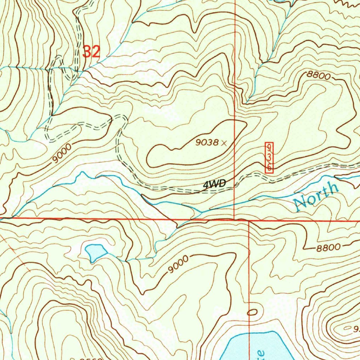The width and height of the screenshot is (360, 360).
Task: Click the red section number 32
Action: coord(91,52)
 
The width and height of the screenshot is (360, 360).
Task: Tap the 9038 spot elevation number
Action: coord(207,142)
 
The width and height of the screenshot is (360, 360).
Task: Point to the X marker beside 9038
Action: coord(224,142)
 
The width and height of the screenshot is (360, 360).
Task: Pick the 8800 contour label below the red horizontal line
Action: coord(328,247)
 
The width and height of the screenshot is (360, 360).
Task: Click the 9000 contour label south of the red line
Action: coord(178,264)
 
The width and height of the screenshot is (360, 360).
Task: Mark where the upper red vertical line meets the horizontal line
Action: coord(234,219)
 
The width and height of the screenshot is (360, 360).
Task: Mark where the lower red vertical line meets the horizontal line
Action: coord(249,221)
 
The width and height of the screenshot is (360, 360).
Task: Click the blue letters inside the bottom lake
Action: coord(259,353)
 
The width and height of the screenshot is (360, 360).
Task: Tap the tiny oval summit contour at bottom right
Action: coord(348,328)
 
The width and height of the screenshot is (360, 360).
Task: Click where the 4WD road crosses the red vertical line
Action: coord(234,186)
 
